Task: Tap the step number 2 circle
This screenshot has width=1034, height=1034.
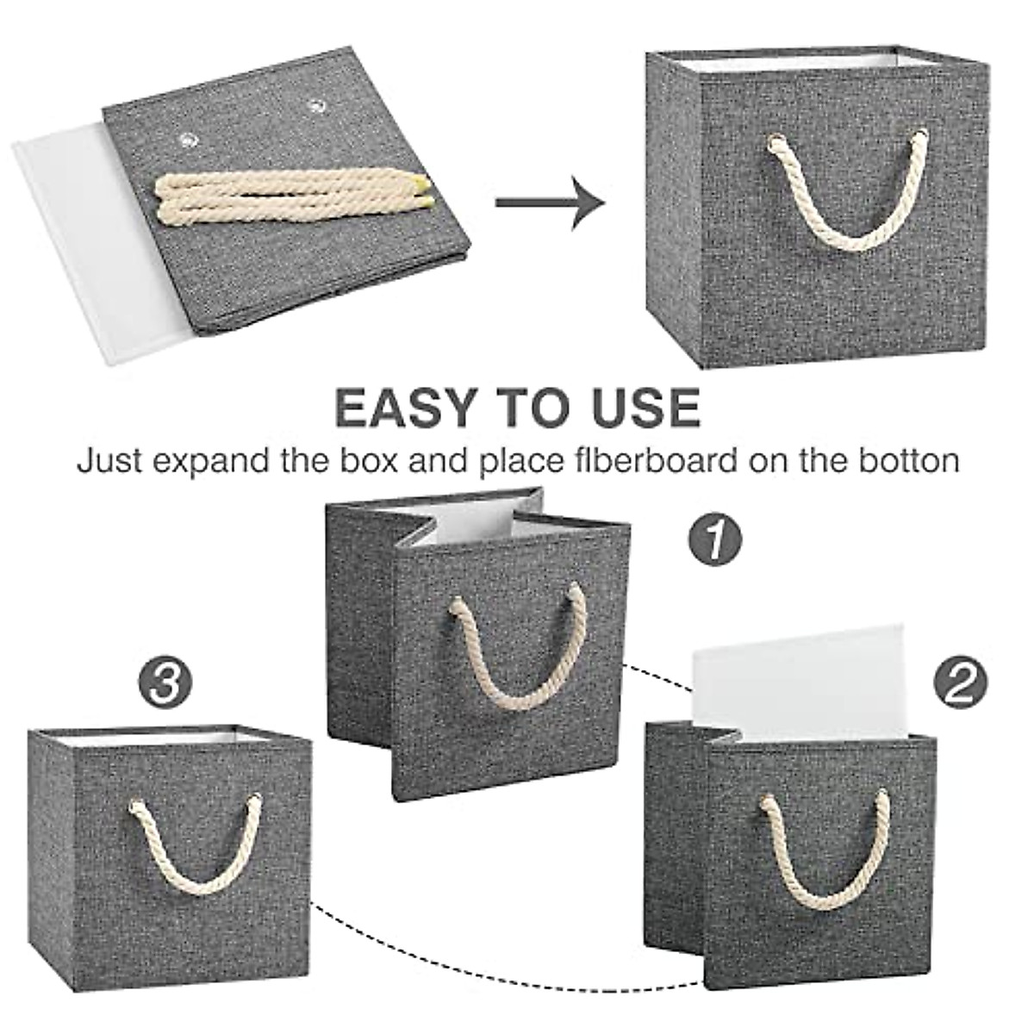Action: pyautogui.click(x=960, y=682)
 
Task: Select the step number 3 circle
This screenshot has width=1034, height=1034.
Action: pyautogui.click(x=165, y=682)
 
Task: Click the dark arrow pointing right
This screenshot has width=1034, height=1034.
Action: pyautogui.click(x=550, y=202)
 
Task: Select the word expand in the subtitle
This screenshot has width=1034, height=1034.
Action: pyautogui.click(x=209, y=463)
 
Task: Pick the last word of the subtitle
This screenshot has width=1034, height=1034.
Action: pyautogui.click(x=909, y=461)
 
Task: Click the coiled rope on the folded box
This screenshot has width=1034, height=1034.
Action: pyautogui.click(x=292, y=195)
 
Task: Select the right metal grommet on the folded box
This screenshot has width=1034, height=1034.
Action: pyautogui.click(x=315, y=106)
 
